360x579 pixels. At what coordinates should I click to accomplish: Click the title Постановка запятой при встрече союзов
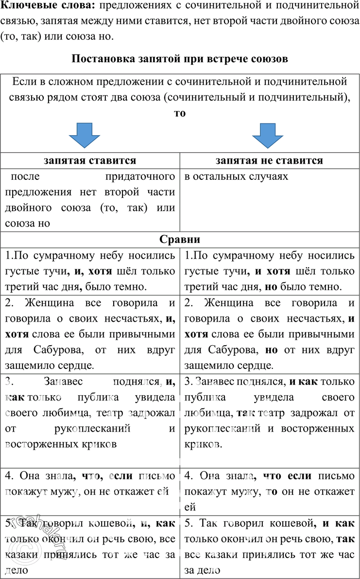point(180,59)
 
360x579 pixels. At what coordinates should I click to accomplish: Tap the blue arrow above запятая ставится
point(85,136)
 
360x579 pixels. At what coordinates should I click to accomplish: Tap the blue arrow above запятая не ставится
point(268,136)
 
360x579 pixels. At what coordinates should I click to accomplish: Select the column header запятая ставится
point(90,160)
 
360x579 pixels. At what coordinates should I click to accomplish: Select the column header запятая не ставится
point(269,160)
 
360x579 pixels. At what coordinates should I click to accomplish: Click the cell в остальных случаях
point(237,176)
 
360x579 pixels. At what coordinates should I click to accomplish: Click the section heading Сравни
point(180,240)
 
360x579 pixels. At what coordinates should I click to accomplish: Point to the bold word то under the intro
point(180,113)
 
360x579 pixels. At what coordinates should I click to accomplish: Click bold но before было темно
point(270,286)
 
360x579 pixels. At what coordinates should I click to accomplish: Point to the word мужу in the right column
point(246,491)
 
